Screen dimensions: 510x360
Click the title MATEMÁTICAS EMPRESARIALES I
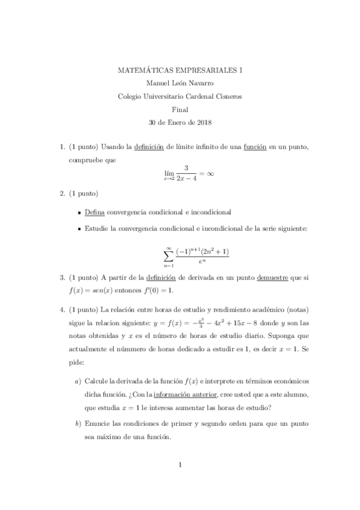(180, 70)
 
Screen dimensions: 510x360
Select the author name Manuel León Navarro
(180, 84)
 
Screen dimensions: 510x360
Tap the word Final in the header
(180, 109)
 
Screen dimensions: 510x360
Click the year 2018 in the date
(203, 123)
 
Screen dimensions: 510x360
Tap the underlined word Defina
(95, 212)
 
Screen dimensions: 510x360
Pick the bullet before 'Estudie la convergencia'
(79, 229)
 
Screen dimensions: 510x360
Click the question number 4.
(62, 310)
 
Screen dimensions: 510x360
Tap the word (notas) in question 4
(296, 310)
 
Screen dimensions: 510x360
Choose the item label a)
(78, 381)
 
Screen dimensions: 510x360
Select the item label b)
(78, 423)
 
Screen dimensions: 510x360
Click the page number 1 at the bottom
(180, 464)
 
